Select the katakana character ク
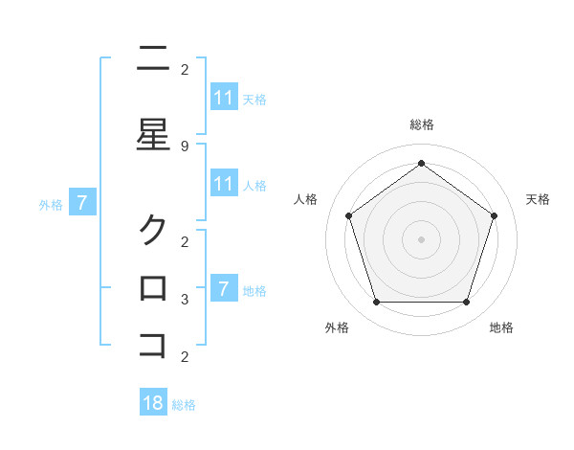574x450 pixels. click(x=153, y=230)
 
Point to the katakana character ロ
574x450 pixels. click(x=153, y=287)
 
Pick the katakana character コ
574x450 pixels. click(x=153, y=345)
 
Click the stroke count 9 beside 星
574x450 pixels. click(x=185, y=146)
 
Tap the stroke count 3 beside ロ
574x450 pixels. click(x=185, y=300)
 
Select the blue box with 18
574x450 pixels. click(x=153, y=403)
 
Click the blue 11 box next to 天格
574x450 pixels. click(x=224, y=98)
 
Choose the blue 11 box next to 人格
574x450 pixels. click(x=224, y=184)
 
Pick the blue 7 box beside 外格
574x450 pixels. click(x=82, y=203)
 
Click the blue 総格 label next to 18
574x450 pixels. click(x=184, y=405)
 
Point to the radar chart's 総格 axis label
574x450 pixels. click(x=421, y=124)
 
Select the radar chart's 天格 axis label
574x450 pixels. click(x=538, y=199)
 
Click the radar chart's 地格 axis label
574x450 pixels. click(x=501, y=327)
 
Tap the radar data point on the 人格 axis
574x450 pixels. click(x=348, y=215)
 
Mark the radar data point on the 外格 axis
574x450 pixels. click(x=376, y=303)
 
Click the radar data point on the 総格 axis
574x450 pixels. click(x=421, y=163)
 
